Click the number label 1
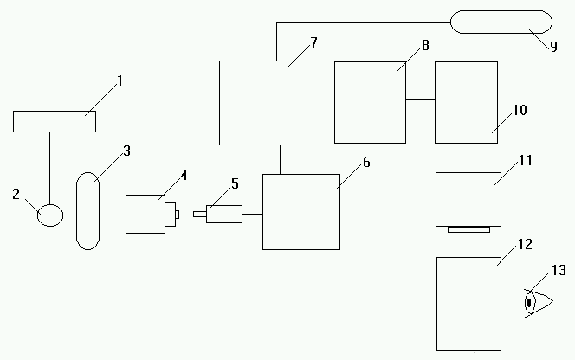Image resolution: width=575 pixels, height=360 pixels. coord(120,81)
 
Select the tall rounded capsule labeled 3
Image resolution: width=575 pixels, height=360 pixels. coord(87,211)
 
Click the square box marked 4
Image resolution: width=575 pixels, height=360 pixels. coord(145,214)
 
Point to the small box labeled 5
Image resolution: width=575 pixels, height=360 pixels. coord(223,213)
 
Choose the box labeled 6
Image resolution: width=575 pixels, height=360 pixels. coord(300,211)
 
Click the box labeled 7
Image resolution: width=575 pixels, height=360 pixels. coord(256,102)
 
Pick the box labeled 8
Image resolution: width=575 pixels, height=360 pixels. coord(370,102)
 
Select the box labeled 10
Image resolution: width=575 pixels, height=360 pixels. coord(466,101)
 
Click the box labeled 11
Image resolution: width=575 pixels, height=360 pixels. coord(468,199)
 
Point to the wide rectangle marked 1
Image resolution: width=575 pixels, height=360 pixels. coord(55,121)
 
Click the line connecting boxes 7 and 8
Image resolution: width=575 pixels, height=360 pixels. coord(314,100)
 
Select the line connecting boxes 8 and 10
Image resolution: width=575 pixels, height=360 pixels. coord(420,99)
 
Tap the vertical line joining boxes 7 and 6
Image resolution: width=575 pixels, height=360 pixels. coord(279,159)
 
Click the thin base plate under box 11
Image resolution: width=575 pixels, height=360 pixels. coord(469,229)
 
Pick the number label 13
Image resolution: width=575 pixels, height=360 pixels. coord(559,271)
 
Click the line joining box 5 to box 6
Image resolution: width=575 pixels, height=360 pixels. coord(252,212)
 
